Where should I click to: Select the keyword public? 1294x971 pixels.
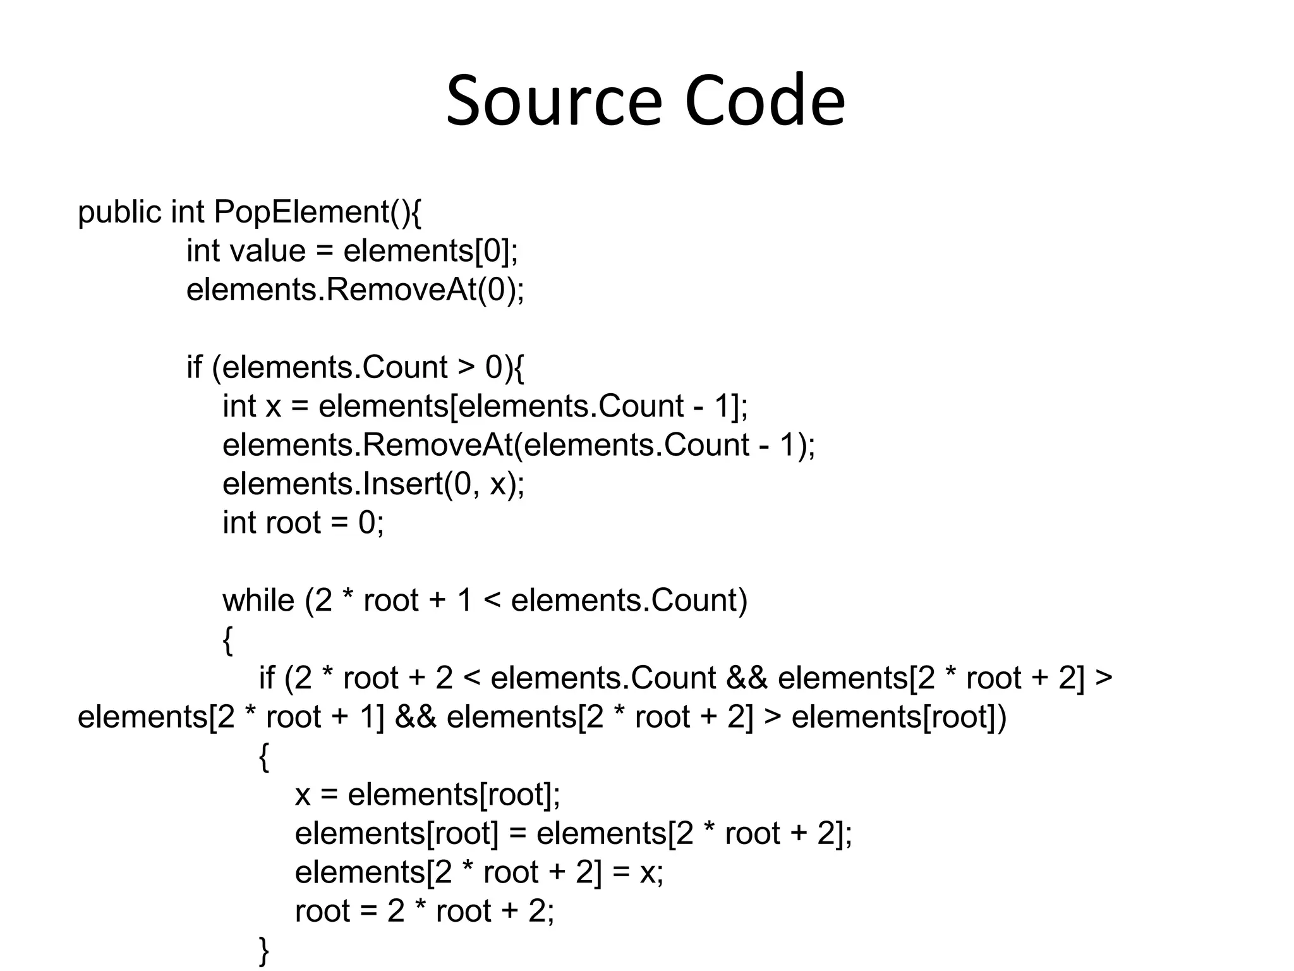coord(119,212)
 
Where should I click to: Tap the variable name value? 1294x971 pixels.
coord(268,251)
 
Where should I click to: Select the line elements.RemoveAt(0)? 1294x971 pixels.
coord(355,290)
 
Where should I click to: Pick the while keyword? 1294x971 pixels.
coord(258,601)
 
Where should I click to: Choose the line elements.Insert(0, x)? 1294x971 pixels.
coord(373,484)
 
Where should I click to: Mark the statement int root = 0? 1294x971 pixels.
coord(303,523)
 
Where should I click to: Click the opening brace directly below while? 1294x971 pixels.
coord(228,640)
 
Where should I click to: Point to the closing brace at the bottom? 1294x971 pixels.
coord(264,951)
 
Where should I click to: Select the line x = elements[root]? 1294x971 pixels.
coord(428,795)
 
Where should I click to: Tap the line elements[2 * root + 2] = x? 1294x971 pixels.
coord(479,872)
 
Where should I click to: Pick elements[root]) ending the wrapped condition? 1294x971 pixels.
coord(899,718)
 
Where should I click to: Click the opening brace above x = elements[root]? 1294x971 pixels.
coord(264,757)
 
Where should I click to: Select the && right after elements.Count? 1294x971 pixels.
coord(747,678)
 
